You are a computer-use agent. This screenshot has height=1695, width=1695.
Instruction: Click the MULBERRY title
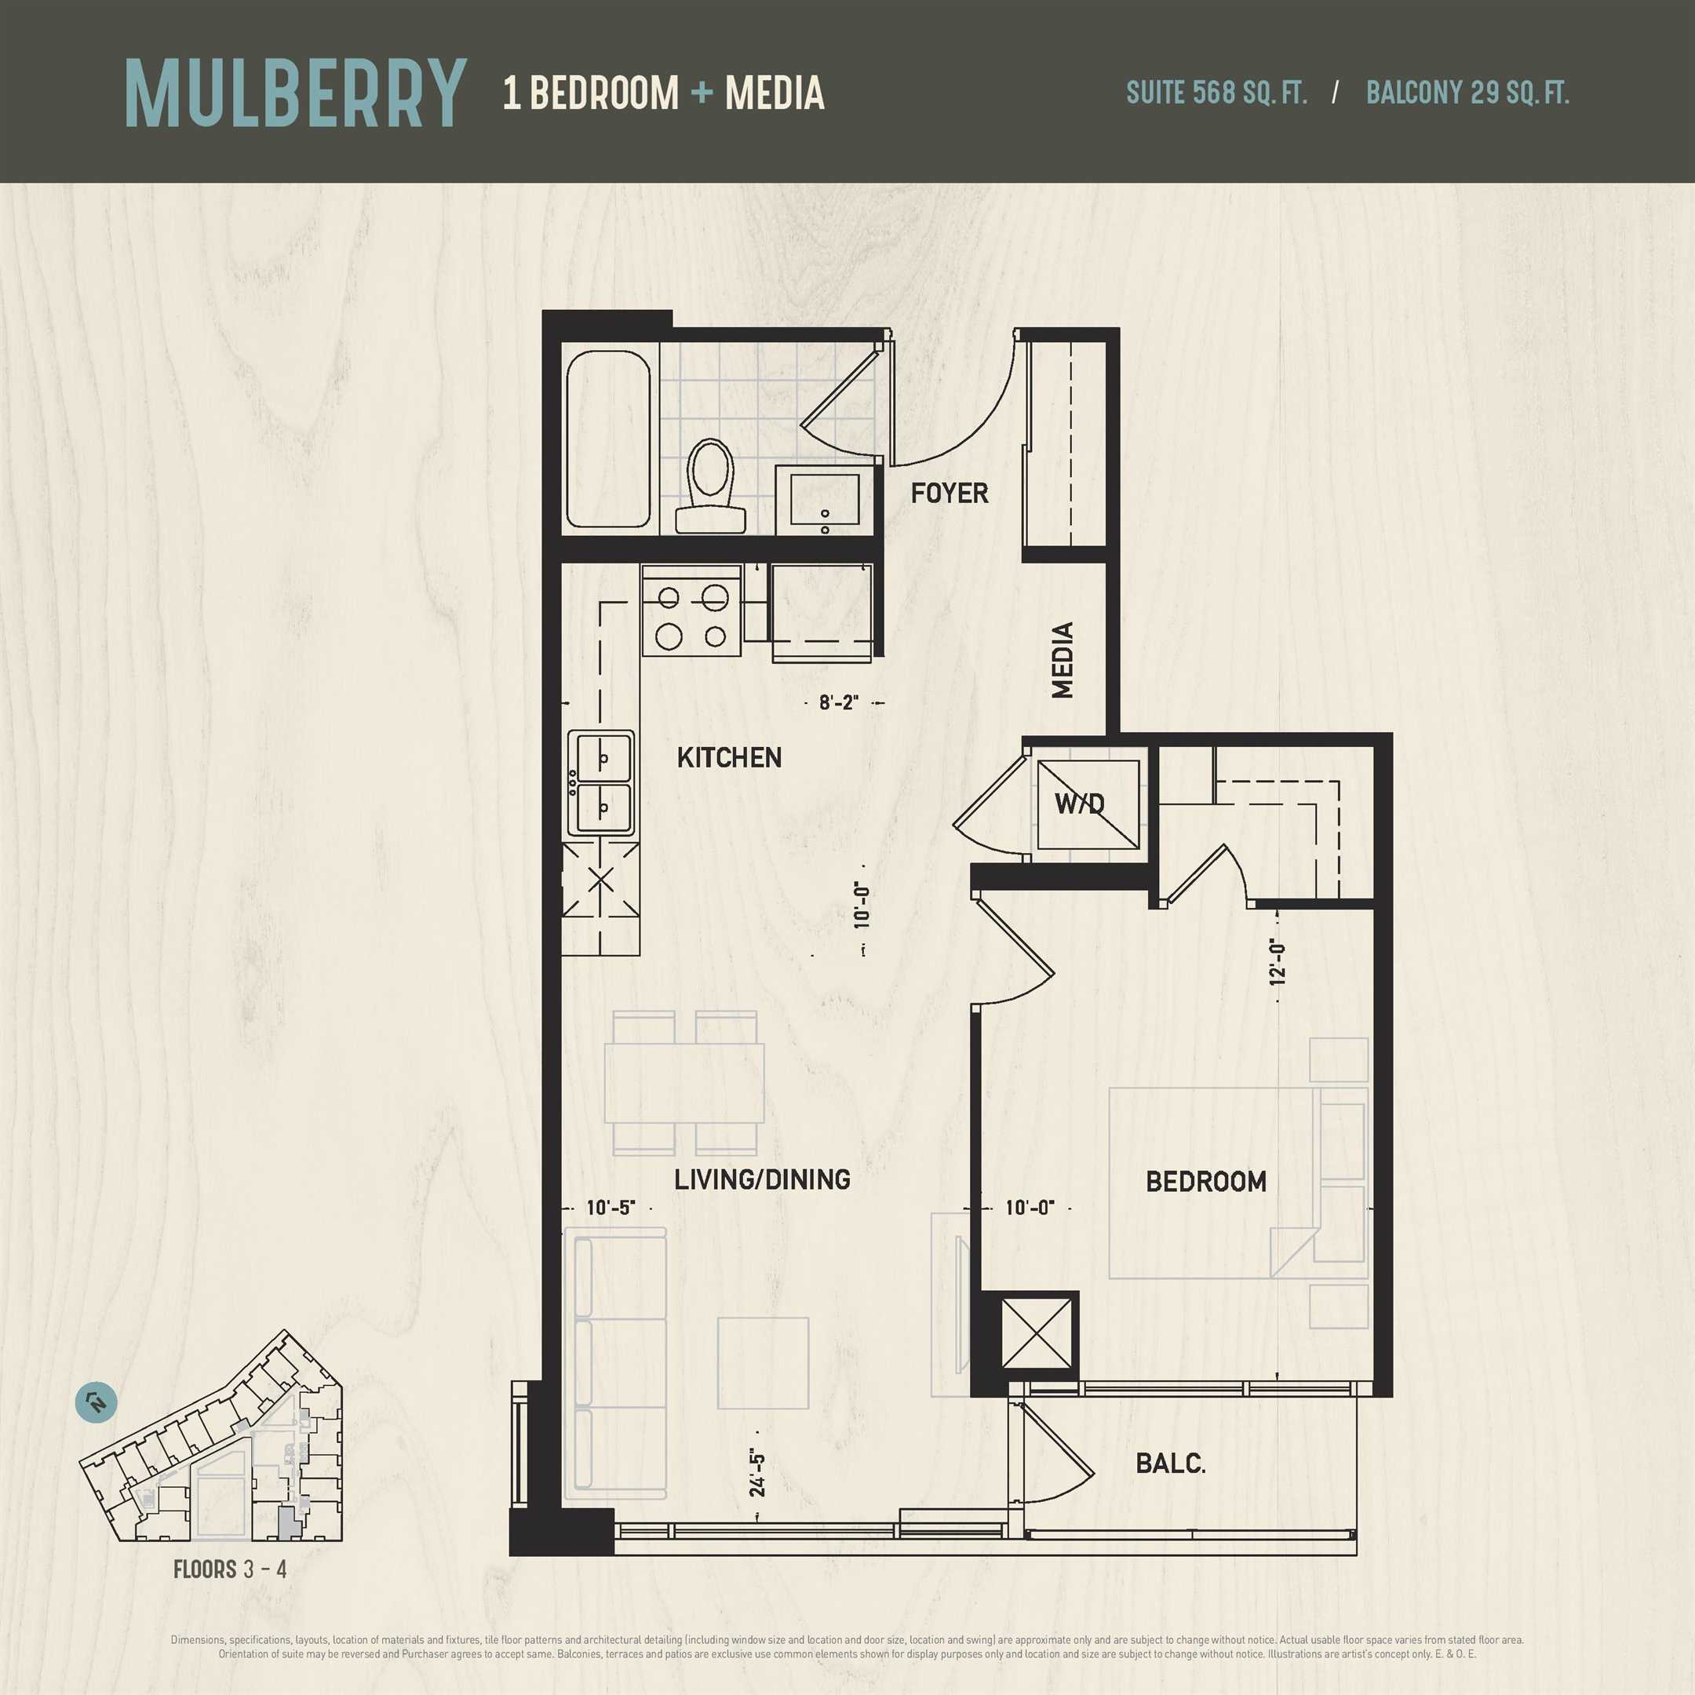[295, 94]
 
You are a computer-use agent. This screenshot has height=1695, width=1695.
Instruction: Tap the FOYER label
[950, 493]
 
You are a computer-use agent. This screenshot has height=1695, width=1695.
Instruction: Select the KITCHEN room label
[729, 757]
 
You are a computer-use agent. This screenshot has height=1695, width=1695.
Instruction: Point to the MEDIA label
[1063, 660]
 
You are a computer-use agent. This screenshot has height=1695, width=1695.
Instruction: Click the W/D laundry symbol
[1088, 804]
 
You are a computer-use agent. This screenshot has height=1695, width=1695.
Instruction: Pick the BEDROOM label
[1205, 1182]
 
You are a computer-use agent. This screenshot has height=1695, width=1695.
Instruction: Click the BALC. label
[1170, 1464]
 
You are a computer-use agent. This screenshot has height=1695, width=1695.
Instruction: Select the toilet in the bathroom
[711, 486]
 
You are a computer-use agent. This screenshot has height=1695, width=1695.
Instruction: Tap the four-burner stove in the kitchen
[692, 611]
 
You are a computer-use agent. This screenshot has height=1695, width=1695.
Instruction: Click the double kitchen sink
[602, 782]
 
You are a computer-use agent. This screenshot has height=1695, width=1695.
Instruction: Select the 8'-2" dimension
[839, 703]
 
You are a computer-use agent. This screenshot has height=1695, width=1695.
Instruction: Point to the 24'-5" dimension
[757, 1474]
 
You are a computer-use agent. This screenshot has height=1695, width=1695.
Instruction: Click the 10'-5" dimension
[611, 1208]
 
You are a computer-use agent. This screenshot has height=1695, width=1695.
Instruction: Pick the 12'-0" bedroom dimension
[1278, 962]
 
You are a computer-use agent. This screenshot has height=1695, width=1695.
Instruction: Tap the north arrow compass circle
[97, 1403]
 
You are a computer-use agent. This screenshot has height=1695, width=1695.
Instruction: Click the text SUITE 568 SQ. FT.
[1216, 93]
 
